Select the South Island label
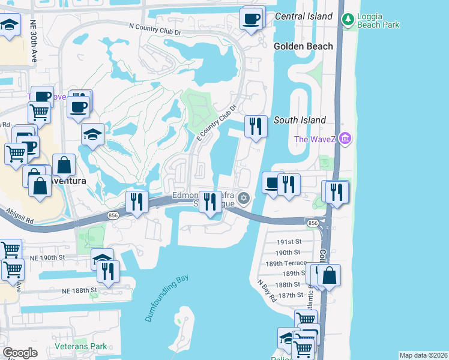pos(300,120)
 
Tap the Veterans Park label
pos(80,346)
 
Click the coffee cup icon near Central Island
pos(252,17)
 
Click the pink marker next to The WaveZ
pos(345,140)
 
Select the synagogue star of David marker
pos(244,198)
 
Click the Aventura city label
pos(67,180)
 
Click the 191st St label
pos(288,241)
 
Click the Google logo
pos(20,353)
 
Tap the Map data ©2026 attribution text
pos(423,355)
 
